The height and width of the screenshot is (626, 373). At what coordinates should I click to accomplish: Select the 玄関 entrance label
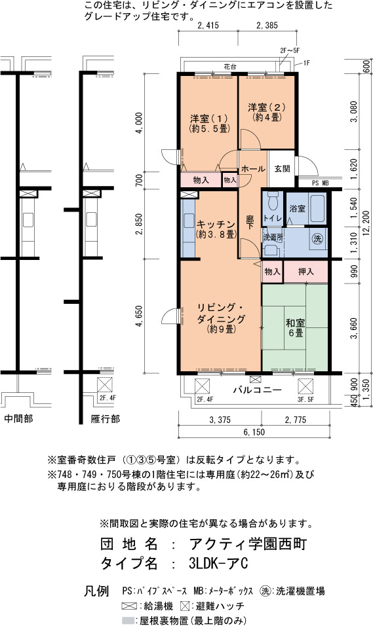point(282,168)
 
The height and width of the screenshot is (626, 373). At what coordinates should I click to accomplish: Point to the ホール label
point(253,168)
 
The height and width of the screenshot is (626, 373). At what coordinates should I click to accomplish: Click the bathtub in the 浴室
point(317,209)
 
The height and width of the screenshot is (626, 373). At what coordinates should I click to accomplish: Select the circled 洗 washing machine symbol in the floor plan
point(317,239)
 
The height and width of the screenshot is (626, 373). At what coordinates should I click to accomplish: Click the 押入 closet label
point(306,272)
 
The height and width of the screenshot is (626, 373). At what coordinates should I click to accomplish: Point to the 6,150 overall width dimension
point(254,432)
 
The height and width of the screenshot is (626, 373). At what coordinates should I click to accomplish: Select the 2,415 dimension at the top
point(208,26)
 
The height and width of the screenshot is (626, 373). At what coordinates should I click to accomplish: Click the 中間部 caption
point(19,418)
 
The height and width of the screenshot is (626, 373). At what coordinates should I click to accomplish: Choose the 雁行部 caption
point(105,419)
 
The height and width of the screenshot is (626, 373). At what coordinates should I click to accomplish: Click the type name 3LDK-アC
point(218,563)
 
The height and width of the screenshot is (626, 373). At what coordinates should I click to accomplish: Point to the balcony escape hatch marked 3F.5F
point(305,387)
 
